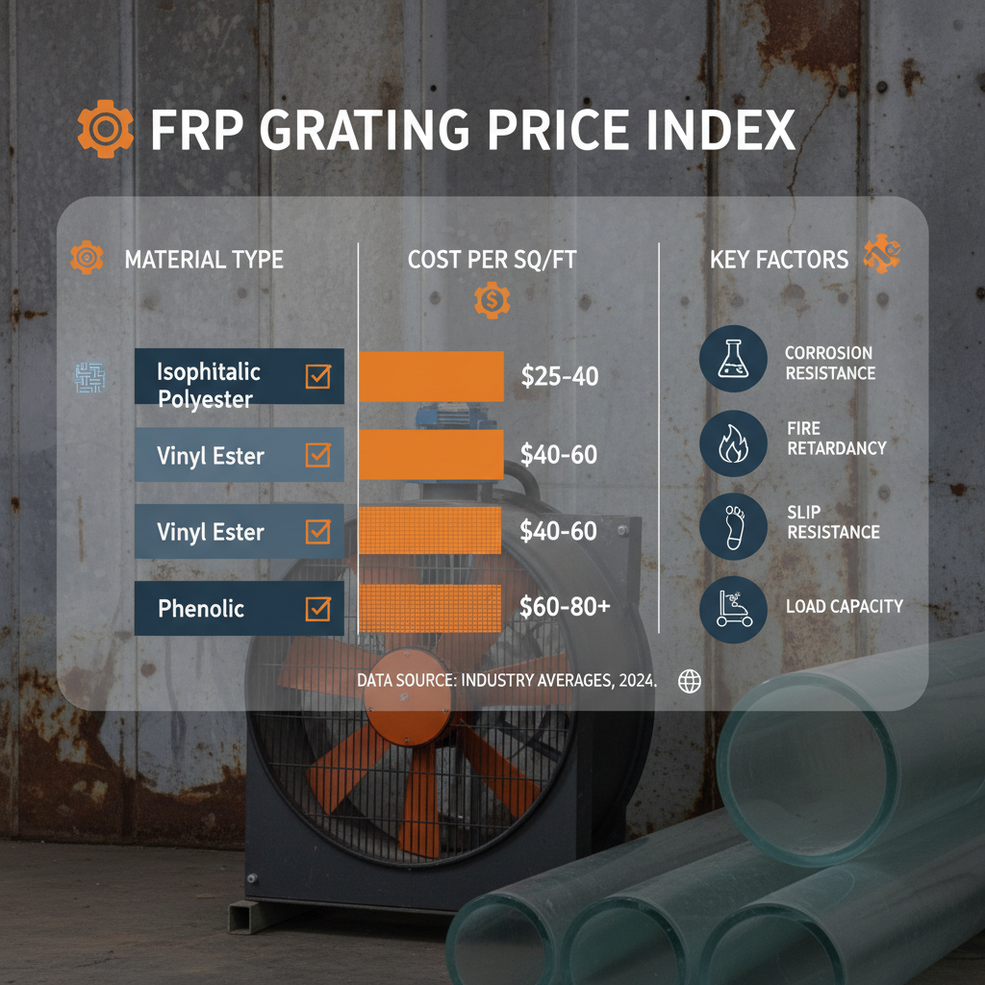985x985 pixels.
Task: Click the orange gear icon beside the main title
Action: pos(104,130)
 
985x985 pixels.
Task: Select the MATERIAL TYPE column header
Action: pos(204,260)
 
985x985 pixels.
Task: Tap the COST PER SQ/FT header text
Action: pos(492,260)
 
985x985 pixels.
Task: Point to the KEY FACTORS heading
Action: pos(779,260)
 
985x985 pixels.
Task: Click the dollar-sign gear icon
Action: pos(492,302)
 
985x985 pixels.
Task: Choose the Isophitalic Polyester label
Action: pos(209,385)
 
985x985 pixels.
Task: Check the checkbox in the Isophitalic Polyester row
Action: pos(317,376)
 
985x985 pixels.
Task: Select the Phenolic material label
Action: pos(202,608)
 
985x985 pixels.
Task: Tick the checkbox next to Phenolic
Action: pos(317,608)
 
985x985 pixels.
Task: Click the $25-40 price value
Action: pos(559,376)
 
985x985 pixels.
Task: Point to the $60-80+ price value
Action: pos(564,607)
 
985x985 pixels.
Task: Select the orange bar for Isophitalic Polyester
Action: pos(431,376)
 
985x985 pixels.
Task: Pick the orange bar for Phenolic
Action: pos(431,608)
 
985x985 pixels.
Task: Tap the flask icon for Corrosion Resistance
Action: pos(733,359)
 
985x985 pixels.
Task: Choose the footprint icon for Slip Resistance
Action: pos(733,525)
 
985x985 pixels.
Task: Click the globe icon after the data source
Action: pos(690,681)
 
